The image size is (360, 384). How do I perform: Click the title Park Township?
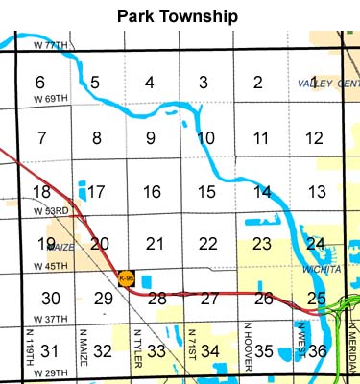(179, 16)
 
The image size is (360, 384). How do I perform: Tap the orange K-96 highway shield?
(125, 278)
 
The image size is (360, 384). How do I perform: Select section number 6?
(40, 83)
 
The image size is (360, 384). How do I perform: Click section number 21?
(153, 244)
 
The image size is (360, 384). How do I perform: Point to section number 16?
(151, 192)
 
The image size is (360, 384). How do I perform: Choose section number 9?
(151, 138)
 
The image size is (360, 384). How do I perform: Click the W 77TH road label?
(51, 45)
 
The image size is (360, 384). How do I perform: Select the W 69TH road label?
(51, 99)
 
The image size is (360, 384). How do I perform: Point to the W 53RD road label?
(51, 210)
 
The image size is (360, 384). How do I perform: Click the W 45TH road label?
(51, 266)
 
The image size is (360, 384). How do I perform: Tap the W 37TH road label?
(51, 319)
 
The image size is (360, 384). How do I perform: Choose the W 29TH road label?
(51, 372)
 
